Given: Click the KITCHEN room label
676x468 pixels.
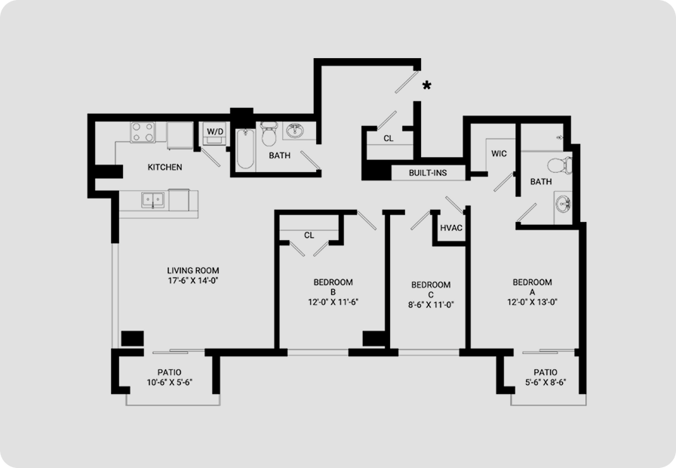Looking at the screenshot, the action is pos(164,167).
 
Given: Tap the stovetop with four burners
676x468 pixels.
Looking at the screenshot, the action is pos(143,132).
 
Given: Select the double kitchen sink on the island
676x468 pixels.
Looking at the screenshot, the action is pos(152,200).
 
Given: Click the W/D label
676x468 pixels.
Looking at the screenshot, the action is pos(215,131).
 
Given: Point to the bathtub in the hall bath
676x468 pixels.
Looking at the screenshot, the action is pos(245,149).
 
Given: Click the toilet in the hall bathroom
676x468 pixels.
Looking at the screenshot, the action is pos(269,134).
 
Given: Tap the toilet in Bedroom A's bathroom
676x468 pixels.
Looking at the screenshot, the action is pos(560,165).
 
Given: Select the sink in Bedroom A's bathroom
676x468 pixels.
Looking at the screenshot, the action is pos(563,203).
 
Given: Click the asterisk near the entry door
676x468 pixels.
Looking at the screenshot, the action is pos(426,85).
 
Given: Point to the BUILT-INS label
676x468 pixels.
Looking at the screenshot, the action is pos(428,173).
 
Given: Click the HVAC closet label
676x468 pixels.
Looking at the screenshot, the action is pos(451,228).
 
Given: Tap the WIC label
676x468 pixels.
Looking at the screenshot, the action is pos(499,153).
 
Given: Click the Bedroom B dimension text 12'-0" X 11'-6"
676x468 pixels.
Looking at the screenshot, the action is pos(333,302).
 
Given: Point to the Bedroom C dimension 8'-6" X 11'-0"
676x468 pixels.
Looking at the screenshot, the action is pos(431,304).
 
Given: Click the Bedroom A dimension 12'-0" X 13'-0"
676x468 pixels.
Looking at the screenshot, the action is pos(533,302).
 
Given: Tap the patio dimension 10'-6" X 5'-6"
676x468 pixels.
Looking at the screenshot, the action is pos(170,382).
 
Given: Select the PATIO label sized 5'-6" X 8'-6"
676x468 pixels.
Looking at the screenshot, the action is pos(545,372).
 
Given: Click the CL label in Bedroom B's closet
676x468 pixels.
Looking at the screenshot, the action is pos(309,235).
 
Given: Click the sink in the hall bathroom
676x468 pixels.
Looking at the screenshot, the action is pos(295,130).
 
